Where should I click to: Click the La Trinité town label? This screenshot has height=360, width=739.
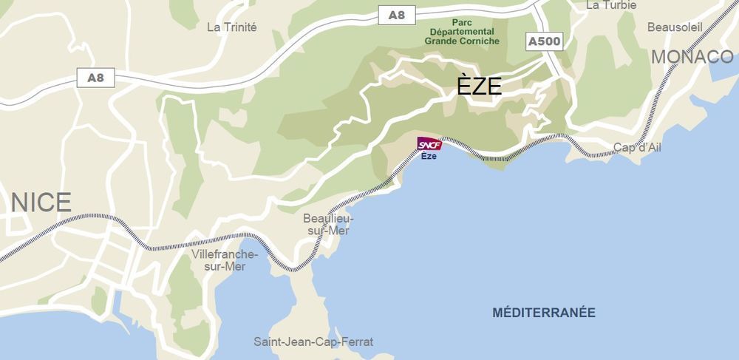point(232,27)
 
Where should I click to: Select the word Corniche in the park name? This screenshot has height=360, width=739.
point(480,41)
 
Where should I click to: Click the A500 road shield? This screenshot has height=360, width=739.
point(545,41)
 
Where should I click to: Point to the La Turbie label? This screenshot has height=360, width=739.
point(611,5)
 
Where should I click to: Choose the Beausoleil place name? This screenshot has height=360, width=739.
point(673,27)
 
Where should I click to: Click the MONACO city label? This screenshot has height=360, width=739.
point(692,57)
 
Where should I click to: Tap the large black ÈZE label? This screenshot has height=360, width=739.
point(479,86)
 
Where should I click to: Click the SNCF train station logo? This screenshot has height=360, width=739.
point(429,144)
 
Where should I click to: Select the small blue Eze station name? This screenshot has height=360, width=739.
point(429,156)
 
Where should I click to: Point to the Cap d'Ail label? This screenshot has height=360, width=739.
point(637,147)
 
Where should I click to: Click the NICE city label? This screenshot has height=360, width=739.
point(41,202)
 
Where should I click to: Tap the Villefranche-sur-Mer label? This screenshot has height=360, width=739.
point(225,260)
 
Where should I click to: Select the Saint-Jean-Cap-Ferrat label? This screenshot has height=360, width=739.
point(313,342)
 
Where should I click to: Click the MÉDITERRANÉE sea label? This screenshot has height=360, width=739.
point(543,313)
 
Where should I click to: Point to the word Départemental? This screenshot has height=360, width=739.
point(463,32)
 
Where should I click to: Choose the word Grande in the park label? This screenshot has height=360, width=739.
point(441,41)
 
